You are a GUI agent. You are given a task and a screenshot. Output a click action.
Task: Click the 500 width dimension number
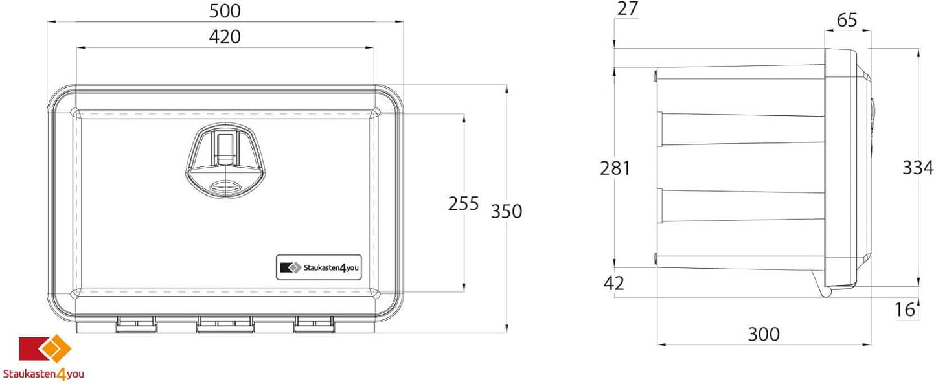pyautogui.click(x=225, y=11)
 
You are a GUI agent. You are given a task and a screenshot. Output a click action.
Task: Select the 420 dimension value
pyautogui.click(x=225, y=37)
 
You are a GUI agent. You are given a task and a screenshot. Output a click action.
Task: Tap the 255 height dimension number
pyautogui.click(x=463, y=203)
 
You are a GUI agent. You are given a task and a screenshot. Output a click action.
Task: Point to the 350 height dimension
pyautogui.click(x=507, y=212)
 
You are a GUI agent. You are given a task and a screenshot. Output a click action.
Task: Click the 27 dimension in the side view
pyautogui.click(x=628, y=9)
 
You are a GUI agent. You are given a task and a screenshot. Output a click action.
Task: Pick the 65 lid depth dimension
pyautogui.click(x=847, y=20)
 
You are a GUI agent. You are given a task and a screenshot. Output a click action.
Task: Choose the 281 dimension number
pyautogui.click(x=615, y=168)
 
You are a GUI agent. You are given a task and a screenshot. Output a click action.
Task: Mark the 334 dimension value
pyautogui.click(x=918, y=168)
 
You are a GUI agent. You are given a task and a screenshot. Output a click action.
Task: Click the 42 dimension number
pyautogui.click(x=614, y=283)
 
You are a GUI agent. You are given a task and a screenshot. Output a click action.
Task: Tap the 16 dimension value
pyautogui.click(x=905, y=310)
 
